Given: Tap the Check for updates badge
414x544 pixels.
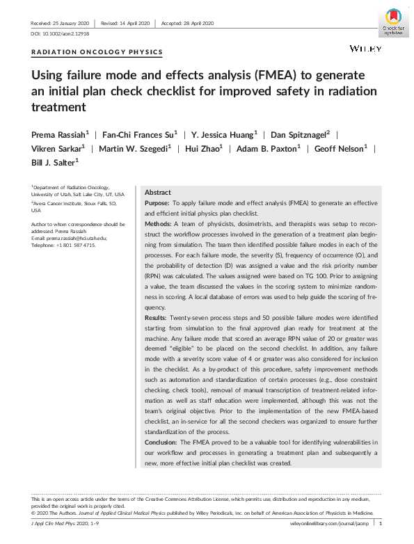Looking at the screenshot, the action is pyautogui.click(x=392, y=23).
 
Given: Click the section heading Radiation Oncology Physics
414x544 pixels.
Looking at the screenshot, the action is pyautogui.click(x=97, y=52).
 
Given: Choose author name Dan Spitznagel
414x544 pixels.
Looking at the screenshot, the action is pyautogui.click(x=296, y=133).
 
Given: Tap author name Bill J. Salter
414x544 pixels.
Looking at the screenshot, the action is pyautogui.click(x=54, y=162).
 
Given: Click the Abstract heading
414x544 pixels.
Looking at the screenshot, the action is pyautogui.click(x=157, y=193).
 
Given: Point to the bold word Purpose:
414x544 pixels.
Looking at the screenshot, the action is pyautogui.click(x=157, y=203).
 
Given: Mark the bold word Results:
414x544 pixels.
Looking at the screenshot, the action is pyautogui.click(x=157, y=317).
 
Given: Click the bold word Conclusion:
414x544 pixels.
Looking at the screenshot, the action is pyautogui.click(x=162, y=442).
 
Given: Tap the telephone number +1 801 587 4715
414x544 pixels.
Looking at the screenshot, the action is pyautogui.click(x=74, y=245).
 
